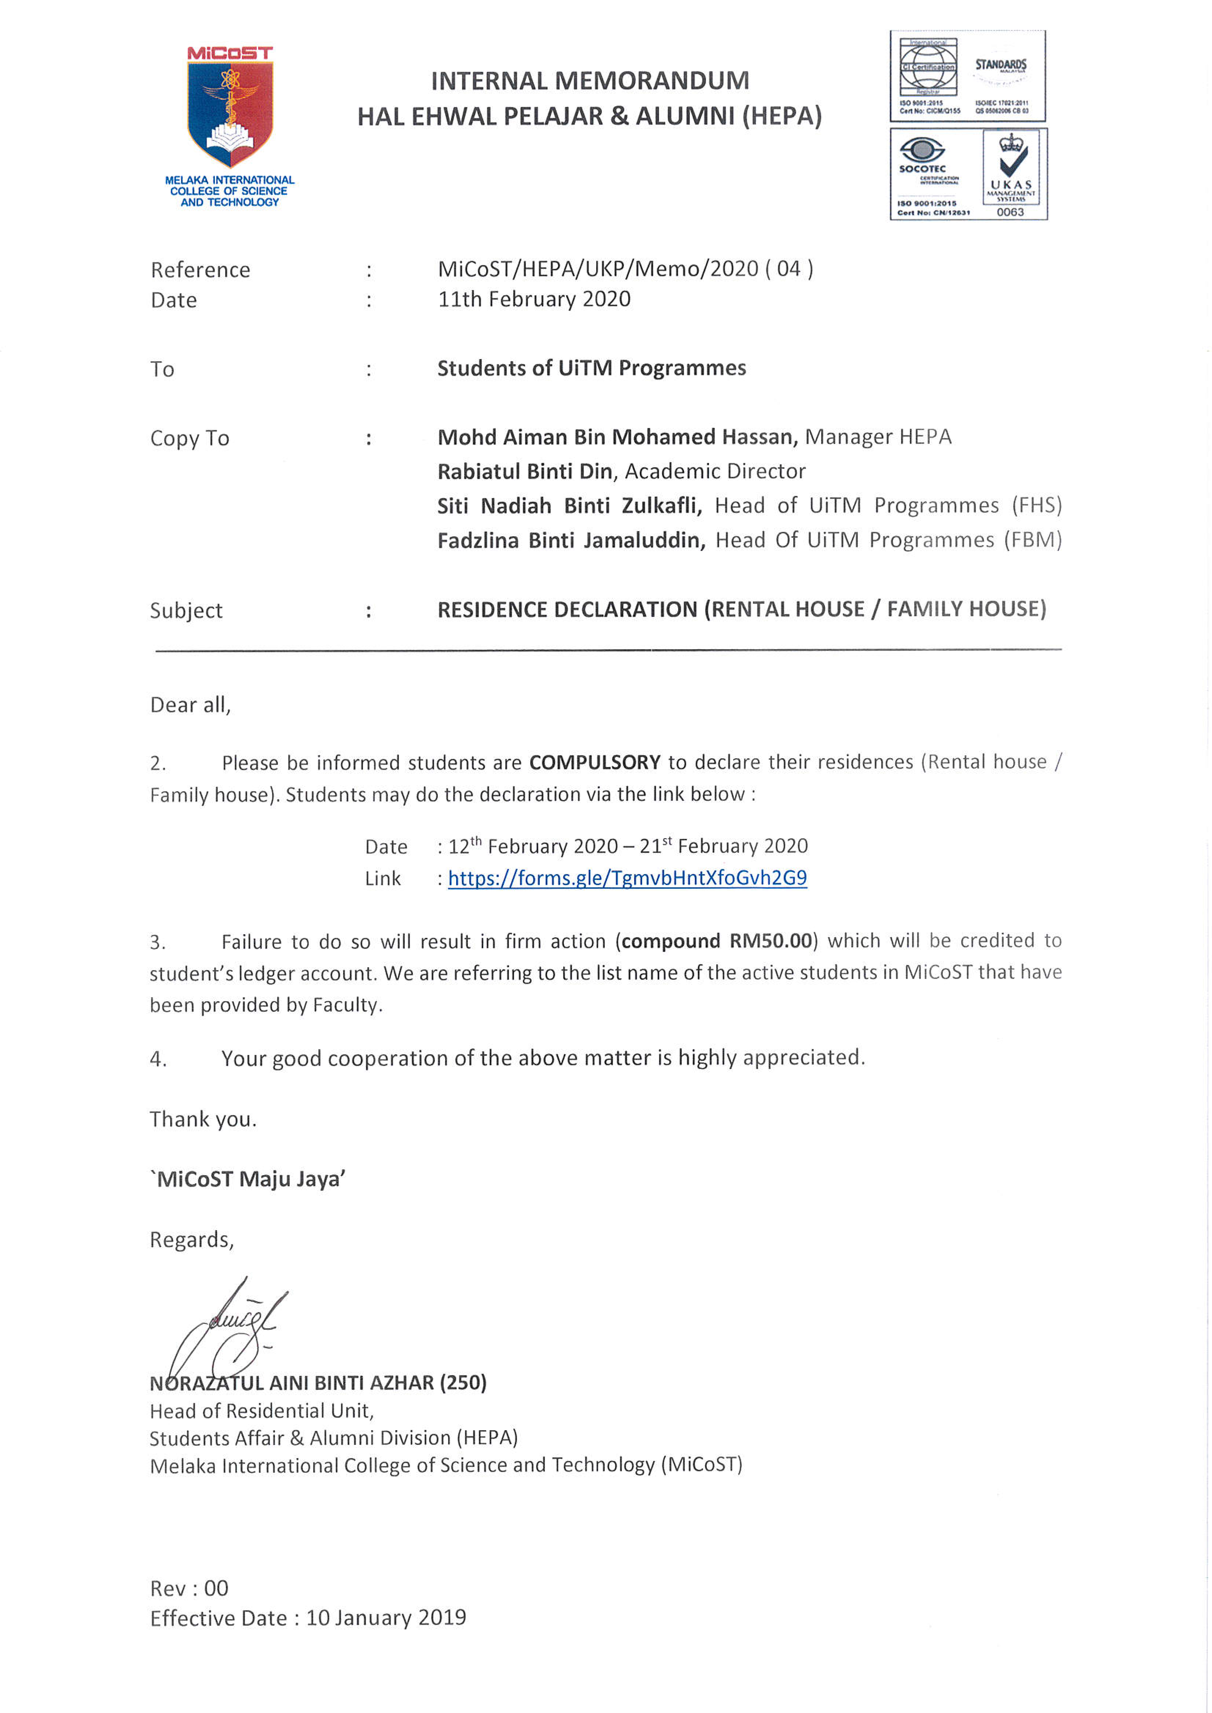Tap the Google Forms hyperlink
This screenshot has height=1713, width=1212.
click(627, 878)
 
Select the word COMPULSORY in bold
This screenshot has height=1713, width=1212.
click(595, 762)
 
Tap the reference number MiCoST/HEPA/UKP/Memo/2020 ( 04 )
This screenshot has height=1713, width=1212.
click(625, 269)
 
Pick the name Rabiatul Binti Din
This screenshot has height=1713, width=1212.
click(525, 472)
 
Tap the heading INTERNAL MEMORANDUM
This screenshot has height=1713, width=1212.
click(590, 81)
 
